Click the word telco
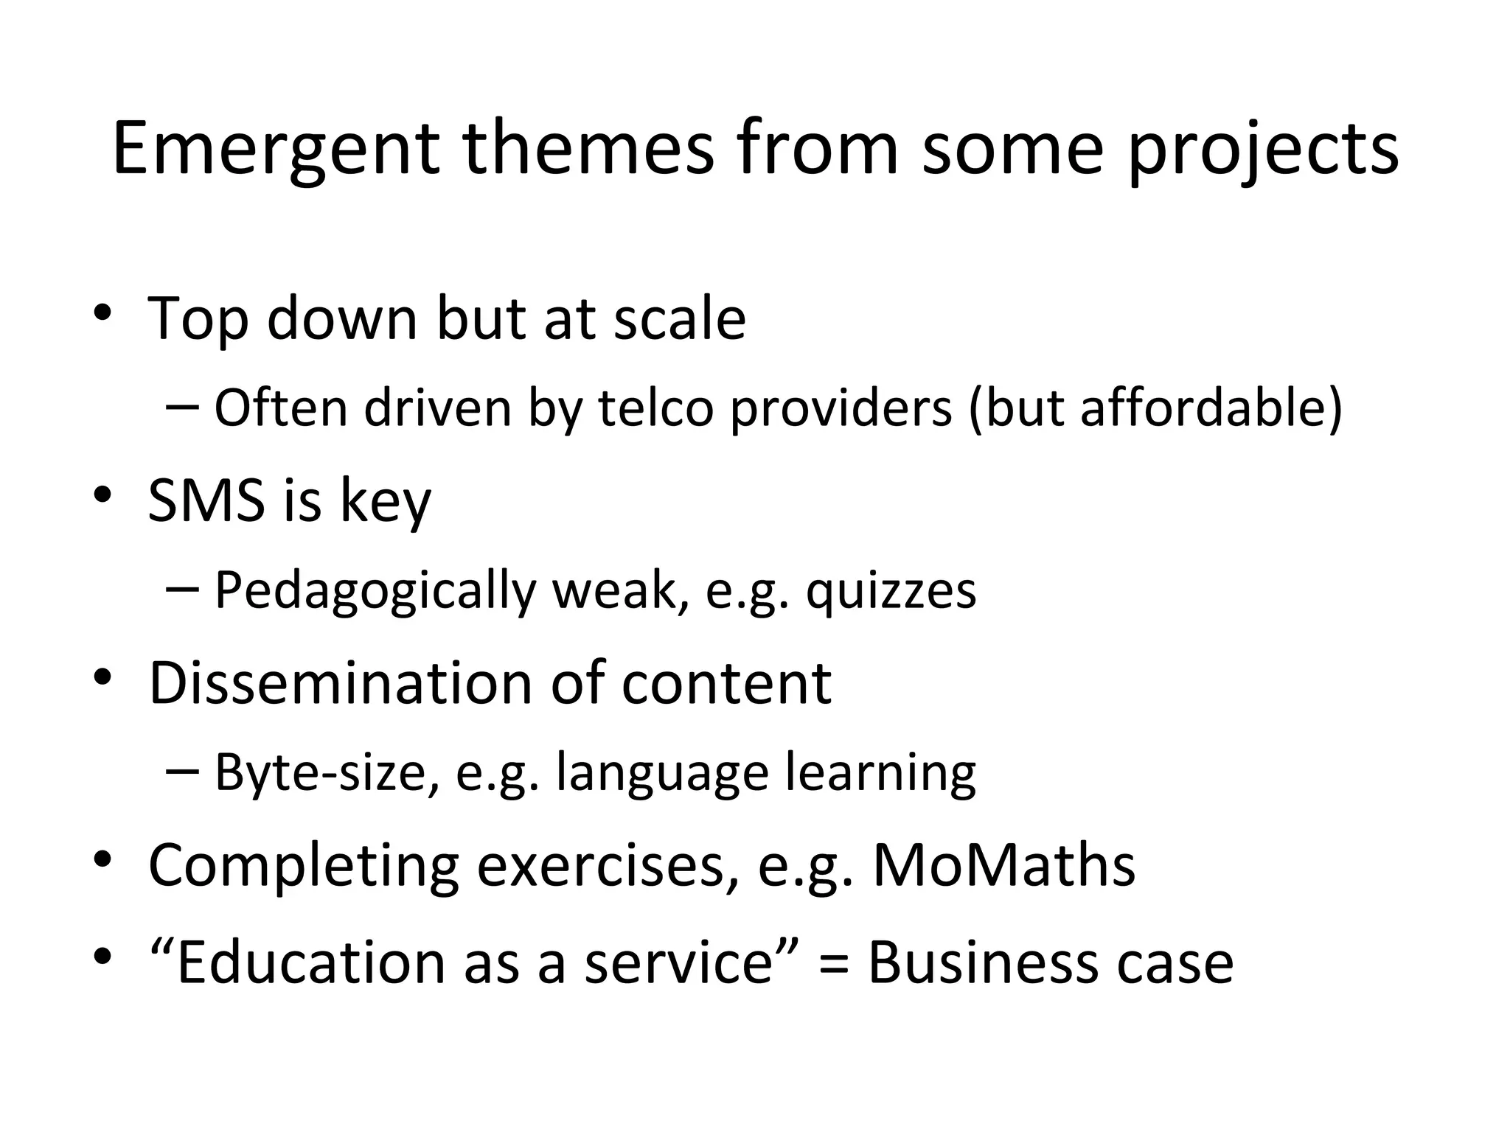(655, 408)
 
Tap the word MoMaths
(1003, 864)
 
